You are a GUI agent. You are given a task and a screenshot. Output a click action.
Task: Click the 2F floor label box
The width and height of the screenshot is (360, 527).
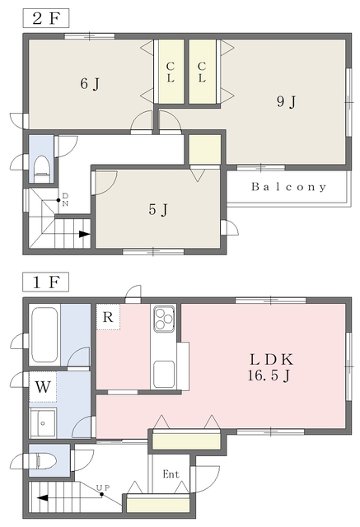(46, 18)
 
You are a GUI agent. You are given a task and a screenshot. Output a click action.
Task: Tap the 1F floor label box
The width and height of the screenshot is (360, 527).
(45, 282)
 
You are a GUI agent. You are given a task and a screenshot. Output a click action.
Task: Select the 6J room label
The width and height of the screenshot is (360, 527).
(90, 83)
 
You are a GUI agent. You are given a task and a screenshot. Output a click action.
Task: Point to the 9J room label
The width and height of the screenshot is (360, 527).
(287, 101)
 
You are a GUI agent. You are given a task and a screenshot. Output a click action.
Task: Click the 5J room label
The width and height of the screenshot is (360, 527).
(158, 210)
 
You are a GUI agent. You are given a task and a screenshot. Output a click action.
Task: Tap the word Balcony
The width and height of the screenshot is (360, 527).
(288, 187)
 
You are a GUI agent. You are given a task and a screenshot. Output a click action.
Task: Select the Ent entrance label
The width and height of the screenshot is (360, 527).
(171, 474)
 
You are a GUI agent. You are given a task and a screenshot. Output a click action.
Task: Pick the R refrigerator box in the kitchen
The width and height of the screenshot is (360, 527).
(108, 317)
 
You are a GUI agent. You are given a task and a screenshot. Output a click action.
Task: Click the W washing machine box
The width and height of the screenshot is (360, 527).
(43, 387)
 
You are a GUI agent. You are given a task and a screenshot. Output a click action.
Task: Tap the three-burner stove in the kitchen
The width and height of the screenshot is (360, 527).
(164, 318)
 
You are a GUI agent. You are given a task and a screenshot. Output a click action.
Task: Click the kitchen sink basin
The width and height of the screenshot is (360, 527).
(164, 374)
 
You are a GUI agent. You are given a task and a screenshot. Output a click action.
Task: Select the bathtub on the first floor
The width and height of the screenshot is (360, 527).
(44, 335)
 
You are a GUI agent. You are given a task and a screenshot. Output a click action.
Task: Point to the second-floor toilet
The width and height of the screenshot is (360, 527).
(42, 169)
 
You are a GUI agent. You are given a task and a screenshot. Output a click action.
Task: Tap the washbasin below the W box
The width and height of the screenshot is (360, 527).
(43, 422)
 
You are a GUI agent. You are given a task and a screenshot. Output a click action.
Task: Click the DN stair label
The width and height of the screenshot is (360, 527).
(65, 199)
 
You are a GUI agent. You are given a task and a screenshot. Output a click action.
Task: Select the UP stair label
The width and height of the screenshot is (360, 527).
(103, 487)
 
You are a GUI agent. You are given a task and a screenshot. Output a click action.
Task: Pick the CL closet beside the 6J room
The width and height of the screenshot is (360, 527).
(171, 72)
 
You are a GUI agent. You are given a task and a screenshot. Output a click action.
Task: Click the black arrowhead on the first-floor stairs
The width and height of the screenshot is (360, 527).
(42, 497)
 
